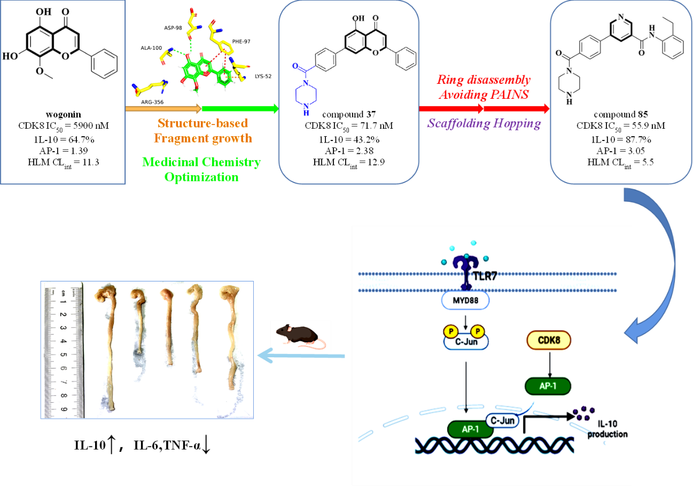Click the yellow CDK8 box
(x=549, y=340)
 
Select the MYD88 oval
(x=465, y=300)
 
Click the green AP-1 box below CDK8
(x=549, y=386)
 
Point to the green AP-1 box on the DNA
(x=470, y=428)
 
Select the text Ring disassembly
(x=484, y=81)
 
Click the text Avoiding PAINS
(x=484, y=95)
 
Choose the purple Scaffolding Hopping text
(x=484, y=124)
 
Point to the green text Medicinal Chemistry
(x=201, y=162)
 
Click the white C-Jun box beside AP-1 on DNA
(x=502, y=421)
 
